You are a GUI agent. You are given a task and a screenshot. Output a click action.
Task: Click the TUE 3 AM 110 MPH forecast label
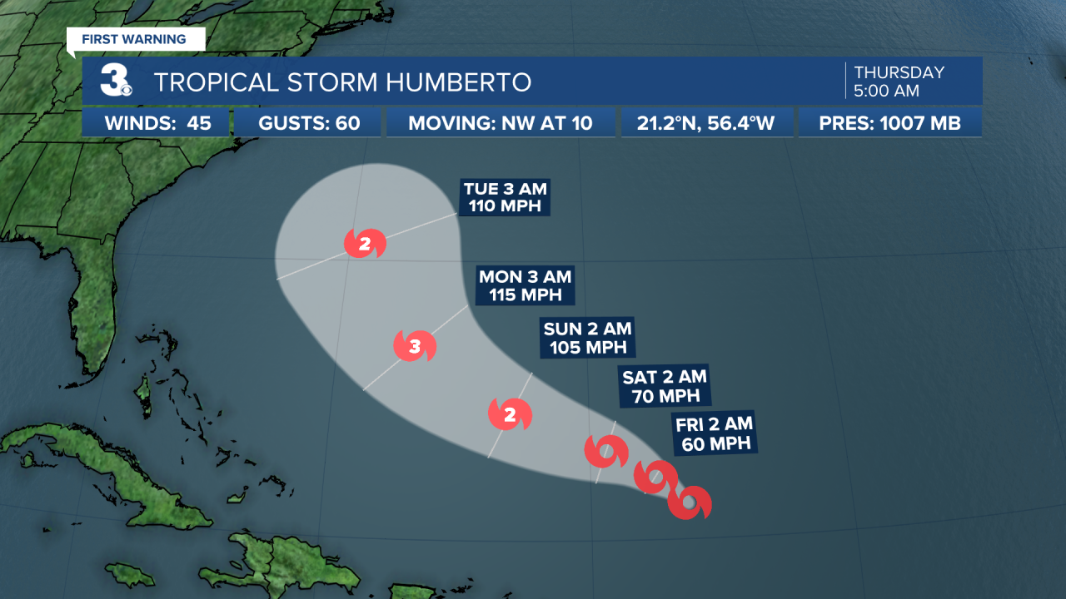pos(506,197)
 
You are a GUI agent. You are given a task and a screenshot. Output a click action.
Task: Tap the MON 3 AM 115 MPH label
pos(525,285)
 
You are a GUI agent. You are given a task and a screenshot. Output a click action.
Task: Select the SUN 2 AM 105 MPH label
pos(587,337)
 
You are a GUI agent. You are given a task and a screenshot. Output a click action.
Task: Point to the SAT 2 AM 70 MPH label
pos(665,386)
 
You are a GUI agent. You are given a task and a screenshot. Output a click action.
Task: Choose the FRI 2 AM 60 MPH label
pos(715,433)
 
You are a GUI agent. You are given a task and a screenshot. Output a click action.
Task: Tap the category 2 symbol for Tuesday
pos(366,244)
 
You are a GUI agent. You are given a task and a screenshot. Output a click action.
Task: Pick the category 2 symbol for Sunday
pos(510,414)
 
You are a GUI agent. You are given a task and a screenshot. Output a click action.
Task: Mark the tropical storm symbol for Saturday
pos(606,452)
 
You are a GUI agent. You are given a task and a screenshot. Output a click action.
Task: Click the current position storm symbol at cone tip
pos(690,502)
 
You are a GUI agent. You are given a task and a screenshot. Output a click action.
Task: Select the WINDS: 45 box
pos(157,123)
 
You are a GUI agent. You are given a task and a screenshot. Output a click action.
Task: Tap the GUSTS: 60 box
pos(309,123)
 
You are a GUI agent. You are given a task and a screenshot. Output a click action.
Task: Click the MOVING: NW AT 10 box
pos(501,123)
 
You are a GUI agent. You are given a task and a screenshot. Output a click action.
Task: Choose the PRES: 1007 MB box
pos(889,123)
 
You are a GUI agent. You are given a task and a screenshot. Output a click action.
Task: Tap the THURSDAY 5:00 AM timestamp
pos(899,81)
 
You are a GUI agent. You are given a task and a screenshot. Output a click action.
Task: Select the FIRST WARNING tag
pos(132,39)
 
